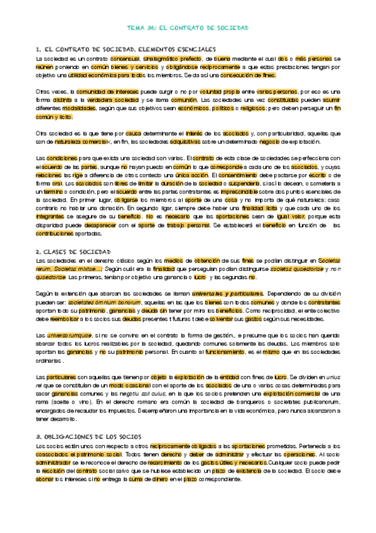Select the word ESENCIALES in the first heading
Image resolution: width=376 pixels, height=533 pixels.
tap(191, 48)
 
